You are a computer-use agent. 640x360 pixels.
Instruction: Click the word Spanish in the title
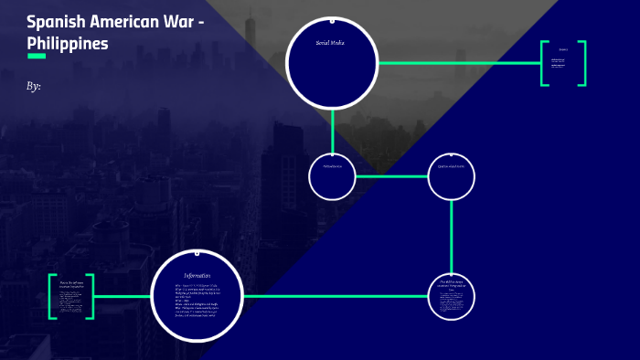(56, 22)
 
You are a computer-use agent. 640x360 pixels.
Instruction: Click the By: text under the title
(34, 86)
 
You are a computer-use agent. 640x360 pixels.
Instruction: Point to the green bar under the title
(37, 56)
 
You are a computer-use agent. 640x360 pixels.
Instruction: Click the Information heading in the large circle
(197, 276)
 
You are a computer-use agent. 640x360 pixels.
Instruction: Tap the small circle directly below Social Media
(332, 176)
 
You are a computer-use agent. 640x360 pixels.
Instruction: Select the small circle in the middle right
(452, 176)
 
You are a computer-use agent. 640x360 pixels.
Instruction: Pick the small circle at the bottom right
(452, 296)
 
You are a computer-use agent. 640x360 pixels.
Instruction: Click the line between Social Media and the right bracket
(457, 63)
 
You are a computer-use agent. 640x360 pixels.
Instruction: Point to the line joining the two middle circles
(391, 176)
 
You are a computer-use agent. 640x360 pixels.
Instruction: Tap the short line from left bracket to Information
(123, 296)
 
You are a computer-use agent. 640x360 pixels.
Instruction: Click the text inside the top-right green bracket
(562, 63)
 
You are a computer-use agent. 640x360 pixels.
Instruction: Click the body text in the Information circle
(197, 302)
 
